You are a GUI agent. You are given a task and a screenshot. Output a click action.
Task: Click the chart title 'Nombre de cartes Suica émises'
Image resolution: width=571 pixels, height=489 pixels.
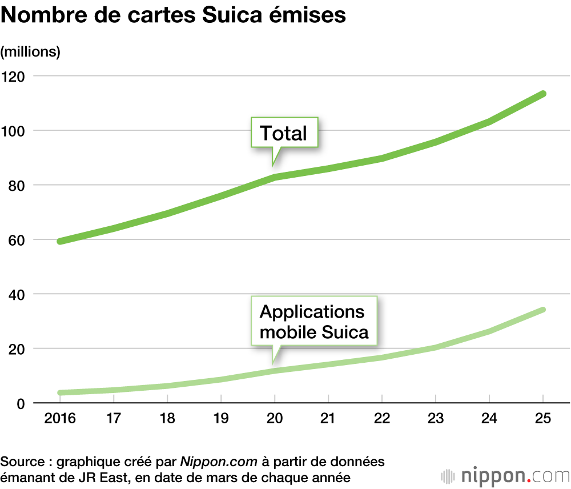tap(174, 16)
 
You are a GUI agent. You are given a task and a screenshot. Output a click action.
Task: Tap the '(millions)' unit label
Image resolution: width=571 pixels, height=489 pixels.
tap(31, 51)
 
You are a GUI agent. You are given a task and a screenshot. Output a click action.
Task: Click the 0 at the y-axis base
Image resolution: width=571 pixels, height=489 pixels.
tap(19, 403)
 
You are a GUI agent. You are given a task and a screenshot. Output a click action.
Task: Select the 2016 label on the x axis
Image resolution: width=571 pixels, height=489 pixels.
tap(59, 419)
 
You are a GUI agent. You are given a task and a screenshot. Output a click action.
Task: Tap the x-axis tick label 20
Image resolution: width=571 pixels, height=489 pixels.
tap(275, 419)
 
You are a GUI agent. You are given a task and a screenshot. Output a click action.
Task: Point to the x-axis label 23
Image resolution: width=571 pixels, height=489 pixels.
tap(436, 419)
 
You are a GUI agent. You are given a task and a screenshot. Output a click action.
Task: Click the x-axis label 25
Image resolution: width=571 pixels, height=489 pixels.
tap(543, 419)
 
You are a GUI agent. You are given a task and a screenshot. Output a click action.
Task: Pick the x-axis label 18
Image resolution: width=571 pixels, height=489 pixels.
tap(167, 419)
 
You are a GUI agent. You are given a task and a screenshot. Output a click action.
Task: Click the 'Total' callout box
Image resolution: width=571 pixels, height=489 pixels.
tap(284, 134)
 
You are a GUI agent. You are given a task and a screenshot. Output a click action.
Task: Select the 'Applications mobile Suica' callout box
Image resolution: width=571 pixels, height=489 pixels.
tap(314, 322)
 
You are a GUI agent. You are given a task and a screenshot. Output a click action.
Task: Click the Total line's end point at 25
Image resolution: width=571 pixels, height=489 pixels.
tap(543, 94)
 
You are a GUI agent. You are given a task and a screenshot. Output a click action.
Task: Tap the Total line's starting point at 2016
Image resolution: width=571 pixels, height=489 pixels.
tap(60, 241)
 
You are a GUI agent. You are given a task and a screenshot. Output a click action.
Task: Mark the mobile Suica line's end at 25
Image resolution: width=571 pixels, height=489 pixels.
tap(543, 310)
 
